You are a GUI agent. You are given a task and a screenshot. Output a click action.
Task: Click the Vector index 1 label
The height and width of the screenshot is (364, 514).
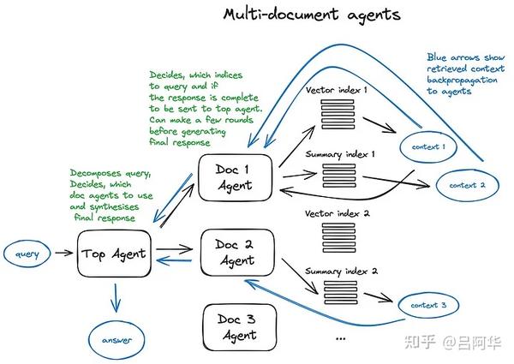(x=337, y=90)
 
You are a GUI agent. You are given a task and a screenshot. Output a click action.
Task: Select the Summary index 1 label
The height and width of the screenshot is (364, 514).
(x=340, y=154)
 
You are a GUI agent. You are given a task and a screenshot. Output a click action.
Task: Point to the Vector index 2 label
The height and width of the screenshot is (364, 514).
(x=338, y=213)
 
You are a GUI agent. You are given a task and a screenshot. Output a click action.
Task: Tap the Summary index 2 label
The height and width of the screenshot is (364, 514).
(x=341, y=272)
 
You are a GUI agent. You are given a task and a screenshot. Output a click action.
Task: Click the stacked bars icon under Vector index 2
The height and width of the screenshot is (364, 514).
(x=338, y=238)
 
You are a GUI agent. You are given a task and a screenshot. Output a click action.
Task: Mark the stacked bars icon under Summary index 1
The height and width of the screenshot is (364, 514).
(x=339, y=176)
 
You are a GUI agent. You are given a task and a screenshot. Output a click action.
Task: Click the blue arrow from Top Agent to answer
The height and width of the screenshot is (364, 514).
(x=116, y=297)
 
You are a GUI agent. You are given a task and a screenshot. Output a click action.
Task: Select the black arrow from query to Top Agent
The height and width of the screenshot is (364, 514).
(x=64, y=253)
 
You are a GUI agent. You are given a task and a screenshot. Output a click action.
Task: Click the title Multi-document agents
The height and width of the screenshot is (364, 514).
(x=312, y=15)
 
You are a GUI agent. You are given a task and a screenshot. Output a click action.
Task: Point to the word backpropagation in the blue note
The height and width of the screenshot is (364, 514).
(x=462, y=81)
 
